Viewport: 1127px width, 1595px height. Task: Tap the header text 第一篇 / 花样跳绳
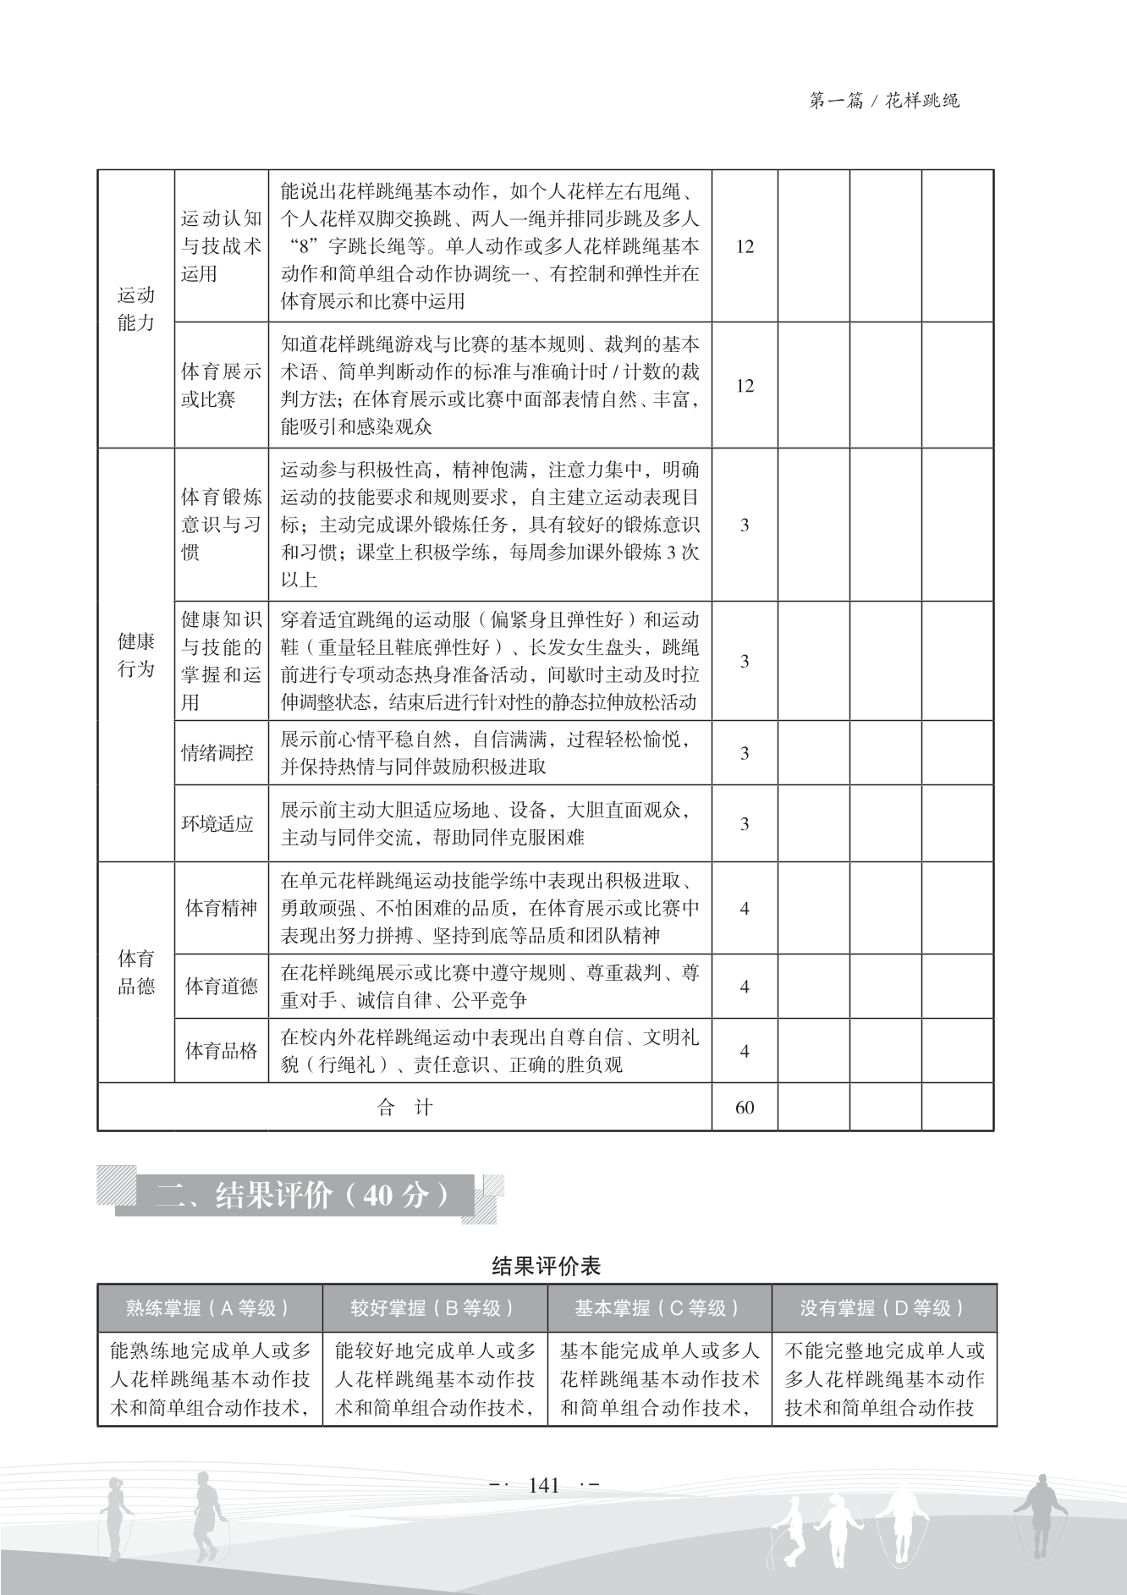[884, 102]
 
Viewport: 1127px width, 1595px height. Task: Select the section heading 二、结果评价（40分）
[303, 1195]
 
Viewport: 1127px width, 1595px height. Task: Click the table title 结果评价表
[546, 1266]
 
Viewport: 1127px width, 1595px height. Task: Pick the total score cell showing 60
[745, 1108]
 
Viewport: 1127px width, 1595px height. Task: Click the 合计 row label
[404, 1108]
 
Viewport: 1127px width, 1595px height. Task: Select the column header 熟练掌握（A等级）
[209, 1308]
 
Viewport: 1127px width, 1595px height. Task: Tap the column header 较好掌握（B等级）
[434, 1308]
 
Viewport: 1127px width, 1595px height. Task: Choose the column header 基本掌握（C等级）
[659, 1308]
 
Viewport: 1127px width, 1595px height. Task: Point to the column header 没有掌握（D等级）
[884, 1308]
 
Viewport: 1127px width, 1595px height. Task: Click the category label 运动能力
[135, 309]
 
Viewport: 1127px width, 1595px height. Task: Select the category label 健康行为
[135, 655]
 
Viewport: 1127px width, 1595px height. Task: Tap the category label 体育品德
[135, 972]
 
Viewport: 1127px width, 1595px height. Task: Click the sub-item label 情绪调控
[218, 753]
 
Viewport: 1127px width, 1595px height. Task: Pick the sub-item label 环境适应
[218, 824]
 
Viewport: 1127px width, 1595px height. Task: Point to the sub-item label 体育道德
[221, 987]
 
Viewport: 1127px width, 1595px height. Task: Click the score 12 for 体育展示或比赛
[745, 386]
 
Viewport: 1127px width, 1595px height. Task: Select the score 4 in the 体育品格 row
[745, 1051]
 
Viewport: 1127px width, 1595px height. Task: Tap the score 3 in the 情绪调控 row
[745, 753]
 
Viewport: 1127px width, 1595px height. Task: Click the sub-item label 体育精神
[221, 909]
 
